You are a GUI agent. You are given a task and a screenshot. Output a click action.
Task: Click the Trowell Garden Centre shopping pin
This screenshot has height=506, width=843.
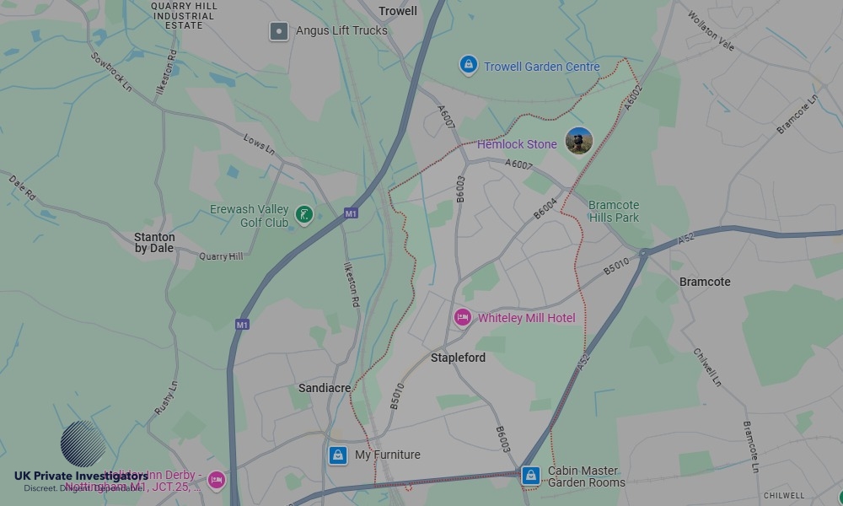468,65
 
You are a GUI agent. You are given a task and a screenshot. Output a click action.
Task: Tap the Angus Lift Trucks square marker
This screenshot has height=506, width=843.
279,31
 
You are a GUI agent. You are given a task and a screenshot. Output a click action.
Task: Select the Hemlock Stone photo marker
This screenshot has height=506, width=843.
579,141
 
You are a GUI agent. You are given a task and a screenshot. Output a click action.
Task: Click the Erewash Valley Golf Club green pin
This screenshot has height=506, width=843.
305,216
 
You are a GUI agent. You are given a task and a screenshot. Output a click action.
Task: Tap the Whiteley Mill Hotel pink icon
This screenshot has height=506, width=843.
462,317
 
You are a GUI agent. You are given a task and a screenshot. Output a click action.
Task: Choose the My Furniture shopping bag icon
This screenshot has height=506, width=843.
338,455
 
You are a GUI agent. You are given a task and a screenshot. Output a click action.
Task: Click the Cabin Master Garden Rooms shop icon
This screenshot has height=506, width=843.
530,476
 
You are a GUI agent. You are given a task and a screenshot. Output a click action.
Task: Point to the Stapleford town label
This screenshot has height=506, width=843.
458,358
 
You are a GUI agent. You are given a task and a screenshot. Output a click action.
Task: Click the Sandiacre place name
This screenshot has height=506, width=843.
325,388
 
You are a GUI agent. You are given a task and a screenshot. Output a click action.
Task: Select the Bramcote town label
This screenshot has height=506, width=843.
705,282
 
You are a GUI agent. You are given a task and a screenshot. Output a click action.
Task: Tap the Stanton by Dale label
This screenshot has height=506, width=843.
154,243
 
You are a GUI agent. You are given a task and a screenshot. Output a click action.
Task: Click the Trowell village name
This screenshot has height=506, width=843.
398,11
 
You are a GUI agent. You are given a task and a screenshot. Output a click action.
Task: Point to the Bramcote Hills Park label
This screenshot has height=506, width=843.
614,211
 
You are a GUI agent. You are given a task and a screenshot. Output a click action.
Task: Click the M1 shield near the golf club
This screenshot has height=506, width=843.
351,214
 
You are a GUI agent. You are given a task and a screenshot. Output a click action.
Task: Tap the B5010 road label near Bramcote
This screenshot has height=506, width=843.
616,266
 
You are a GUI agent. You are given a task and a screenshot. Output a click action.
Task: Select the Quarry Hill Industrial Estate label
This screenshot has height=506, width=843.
184,15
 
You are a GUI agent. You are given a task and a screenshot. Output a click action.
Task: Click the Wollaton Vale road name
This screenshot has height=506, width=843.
710,30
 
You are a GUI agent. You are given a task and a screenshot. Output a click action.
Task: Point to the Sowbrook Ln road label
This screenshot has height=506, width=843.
111,72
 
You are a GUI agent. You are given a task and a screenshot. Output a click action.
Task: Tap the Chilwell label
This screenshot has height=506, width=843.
783,495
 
